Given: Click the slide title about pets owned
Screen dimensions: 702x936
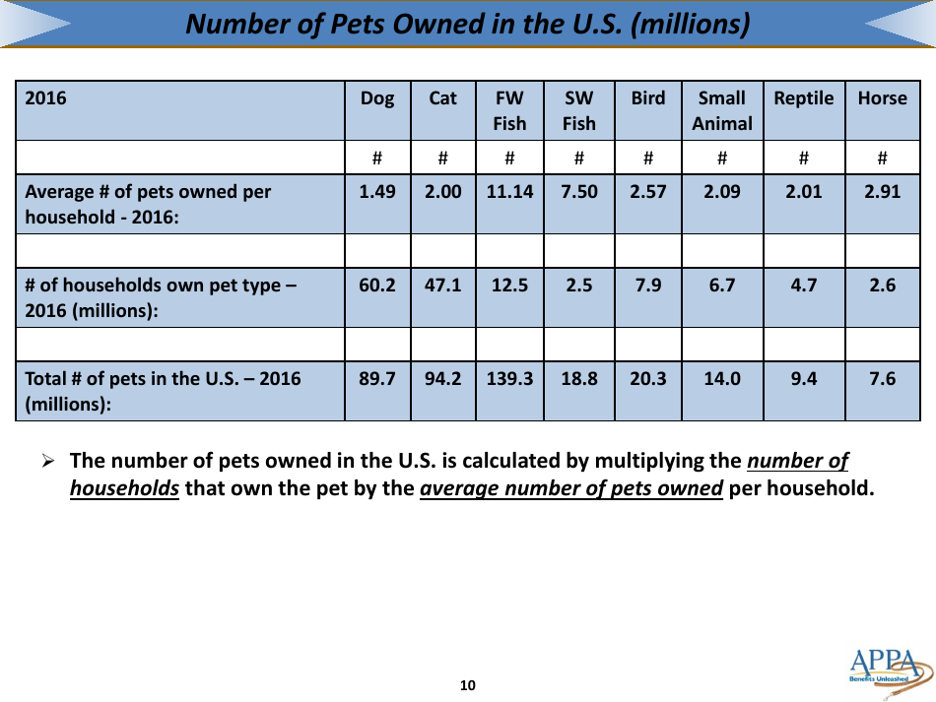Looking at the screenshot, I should click(468, 24).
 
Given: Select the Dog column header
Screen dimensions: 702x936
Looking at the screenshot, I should click(377, 98).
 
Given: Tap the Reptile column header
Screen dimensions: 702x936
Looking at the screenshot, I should click(804, 98).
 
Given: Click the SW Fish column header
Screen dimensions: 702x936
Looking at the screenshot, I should click(578, 110).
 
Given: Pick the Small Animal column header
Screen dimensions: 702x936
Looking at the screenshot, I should click(721, 110).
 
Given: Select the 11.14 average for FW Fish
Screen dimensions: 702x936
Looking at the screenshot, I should click(509, 193).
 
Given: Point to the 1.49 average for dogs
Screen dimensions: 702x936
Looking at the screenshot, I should click(377, 193).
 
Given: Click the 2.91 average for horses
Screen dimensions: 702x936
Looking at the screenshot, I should click(882, 193).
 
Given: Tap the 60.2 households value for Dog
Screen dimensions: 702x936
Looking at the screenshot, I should click(377, 286).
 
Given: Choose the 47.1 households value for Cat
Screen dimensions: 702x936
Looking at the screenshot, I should click(443, 286).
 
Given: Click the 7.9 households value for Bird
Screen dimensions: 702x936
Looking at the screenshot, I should click(648, 286).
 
